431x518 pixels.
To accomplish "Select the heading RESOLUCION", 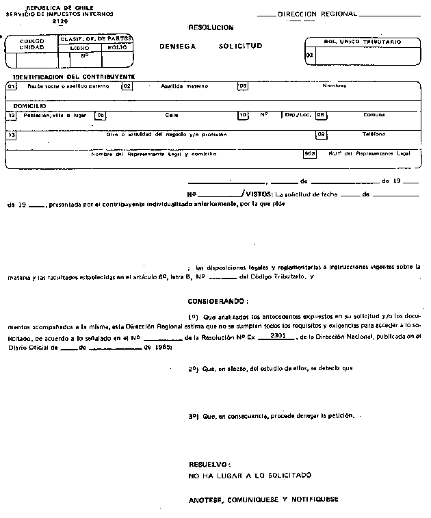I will [211, 27].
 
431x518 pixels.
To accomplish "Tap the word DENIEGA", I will [177, 46].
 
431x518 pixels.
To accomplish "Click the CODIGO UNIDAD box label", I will [31, 44].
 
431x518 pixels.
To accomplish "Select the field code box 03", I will [310, 55].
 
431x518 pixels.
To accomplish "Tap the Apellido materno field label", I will [184, 87].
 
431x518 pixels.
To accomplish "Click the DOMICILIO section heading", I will [29, 106].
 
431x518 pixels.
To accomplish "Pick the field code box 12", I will [11, 116].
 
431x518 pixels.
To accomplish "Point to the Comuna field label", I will [374, 115].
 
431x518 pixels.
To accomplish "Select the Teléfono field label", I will [374, 134].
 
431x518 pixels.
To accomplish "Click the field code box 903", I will [310, 153].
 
